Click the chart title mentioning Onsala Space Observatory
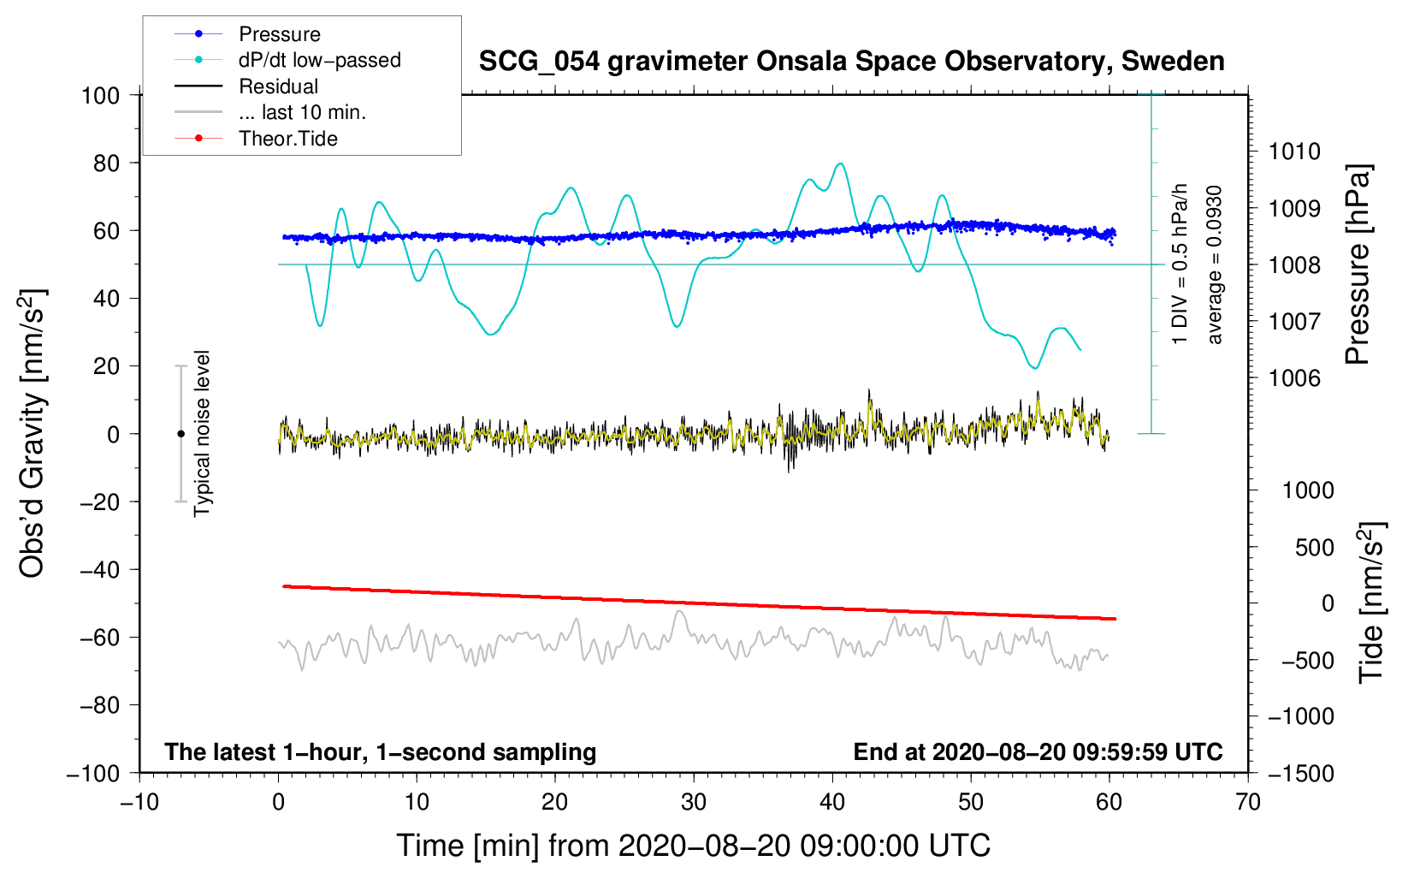851,62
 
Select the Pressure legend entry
279,34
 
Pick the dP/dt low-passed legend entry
319,60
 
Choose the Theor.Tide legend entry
287,139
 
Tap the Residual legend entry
278,86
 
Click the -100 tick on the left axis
93,773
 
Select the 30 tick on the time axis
694,802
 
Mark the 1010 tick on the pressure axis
1294,151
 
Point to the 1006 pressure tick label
1294,378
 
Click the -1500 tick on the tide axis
1301,773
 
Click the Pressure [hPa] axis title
1358,264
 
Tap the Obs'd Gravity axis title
33,434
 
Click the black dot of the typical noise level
180,434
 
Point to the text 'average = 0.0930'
1215,264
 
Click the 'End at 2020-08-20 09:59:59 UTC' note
1038,752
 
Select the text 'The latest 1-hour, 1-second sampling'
380,752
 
